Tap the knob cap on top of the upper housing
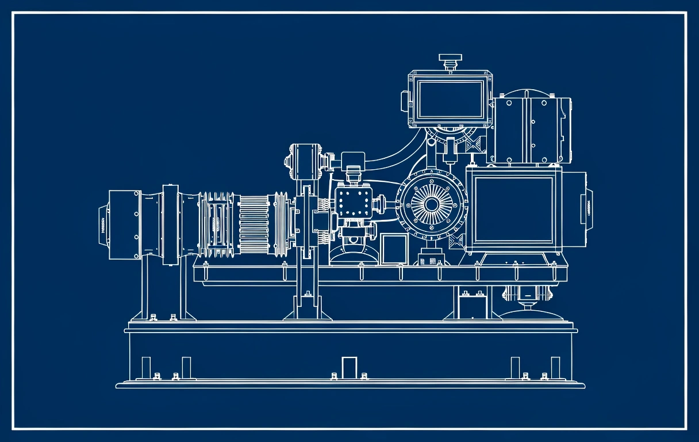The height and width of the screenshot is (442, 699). coord(450,59)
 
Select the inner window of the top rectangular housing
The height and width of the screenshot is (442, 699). coord(451,98)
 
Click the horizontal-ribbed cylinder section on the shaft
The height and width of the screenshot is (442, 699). coord(254,224)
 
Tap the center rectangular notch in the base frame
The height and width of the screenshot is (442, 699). coord(349,367)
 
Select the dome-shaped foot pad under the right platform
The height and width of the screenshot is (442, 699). coord(531,314)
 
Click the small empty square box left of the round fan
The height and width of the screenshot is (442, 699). coord(394,248)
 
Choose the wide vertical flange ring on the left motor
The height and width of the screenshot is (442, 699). coord(170,224)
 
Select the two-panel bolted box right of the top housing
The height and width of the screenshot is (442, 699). coord(531,130)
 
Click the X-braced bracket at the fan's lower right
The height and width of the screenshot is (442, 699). coord(458,242)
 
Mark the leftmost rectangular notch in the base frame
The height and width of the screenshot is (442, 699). coord(146,367)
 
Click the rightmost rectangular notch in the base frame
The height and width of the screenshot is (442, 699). coord(555,367)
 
